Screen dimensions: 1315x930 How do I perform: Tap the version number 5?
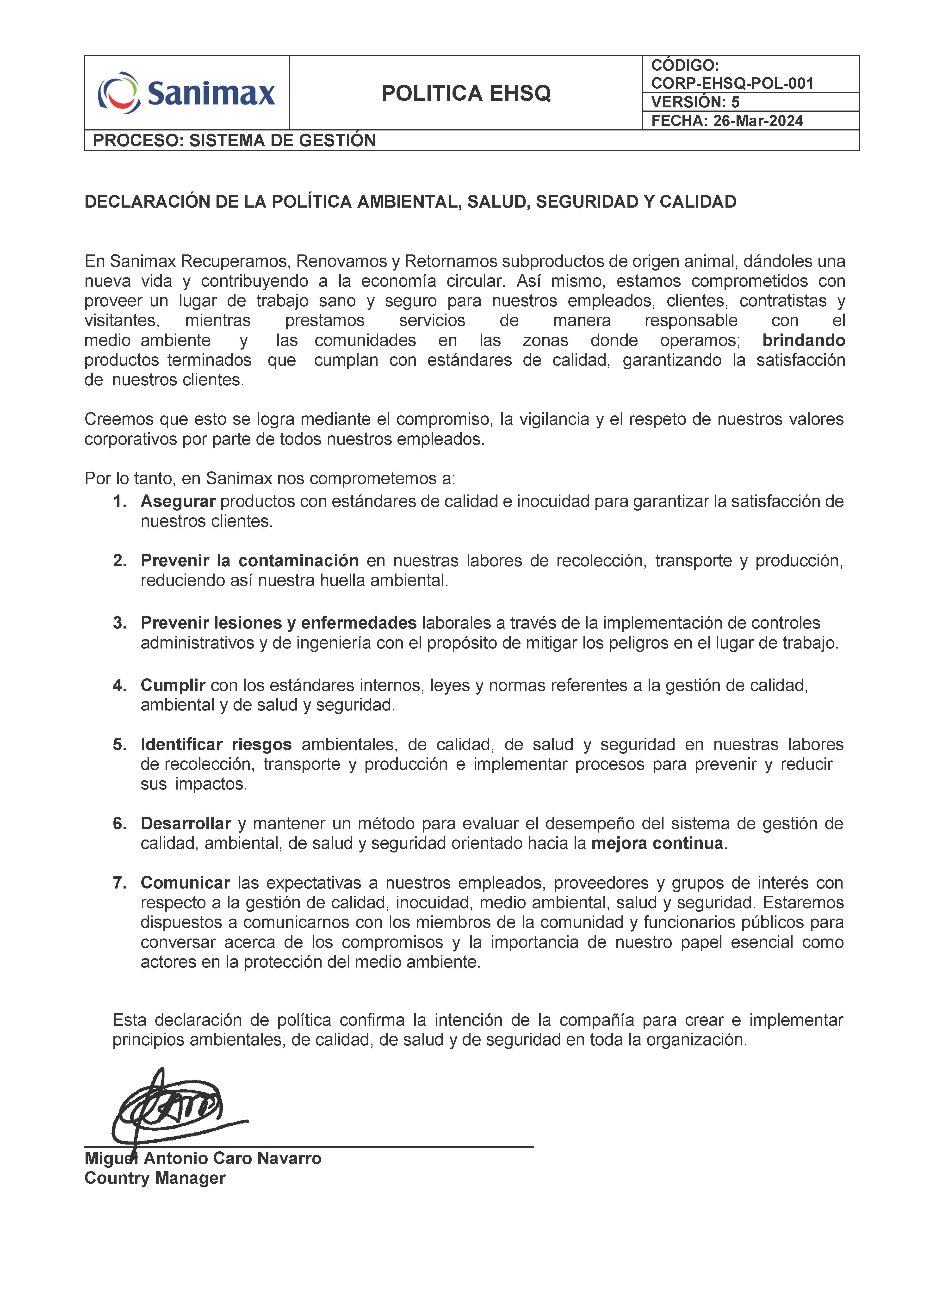pos(735,103)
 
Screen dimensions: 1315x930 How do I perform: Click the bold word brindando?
pos(803,340)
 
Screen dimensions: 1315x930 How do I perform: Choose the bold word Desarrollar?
pos(186,824)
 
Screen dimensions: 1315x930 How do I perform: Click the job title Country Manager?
pos(155,1178)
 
